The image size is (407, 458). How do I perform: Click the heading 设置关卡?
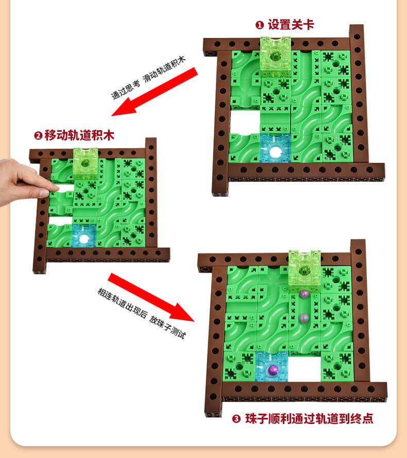(x=291, y=25)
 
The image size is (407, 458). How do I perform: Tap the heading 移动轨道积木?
(x=79, y=135)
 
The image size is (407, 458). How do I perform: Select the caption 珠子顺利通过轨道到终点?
(x=309, y=418)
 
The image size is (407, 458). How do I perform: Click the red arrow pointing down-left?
(x=155, y=92)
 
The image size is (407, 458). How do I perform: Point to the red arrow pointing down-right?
(x=151, y=297)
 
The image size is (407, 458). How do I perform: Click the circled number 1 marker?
(x=260, y=25)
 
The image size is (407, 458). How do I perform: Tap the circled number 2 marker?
(x=38, y=136)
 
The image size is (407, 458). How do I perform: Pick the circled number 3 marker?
(x=236, y=419)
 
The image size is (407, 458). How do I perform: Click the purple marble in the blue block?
(x=273, y=369)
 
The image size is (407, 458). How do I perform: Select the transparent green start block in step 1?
(x=276, y=57)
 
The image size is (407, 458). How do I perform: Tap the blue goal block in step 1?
(x=275, y=148)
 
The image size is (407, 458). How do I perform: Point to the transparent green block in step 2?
(x=86, y=164)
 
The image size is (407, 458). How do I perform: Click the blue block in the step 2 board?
(x=84, y=236)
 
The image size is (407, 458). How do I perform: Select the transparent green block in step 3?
(x=304, y=271)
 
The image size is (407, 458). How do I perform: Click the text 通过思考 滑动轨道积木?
(x=148, y=78)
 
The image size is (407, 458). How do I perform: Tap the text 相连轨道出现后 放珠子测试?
(x=142, y=313)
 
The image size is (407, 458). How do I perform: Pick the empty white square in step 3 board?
(x=304, y=367)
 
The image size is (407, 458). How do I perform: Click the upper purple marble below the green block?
(x=304, y=294)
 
